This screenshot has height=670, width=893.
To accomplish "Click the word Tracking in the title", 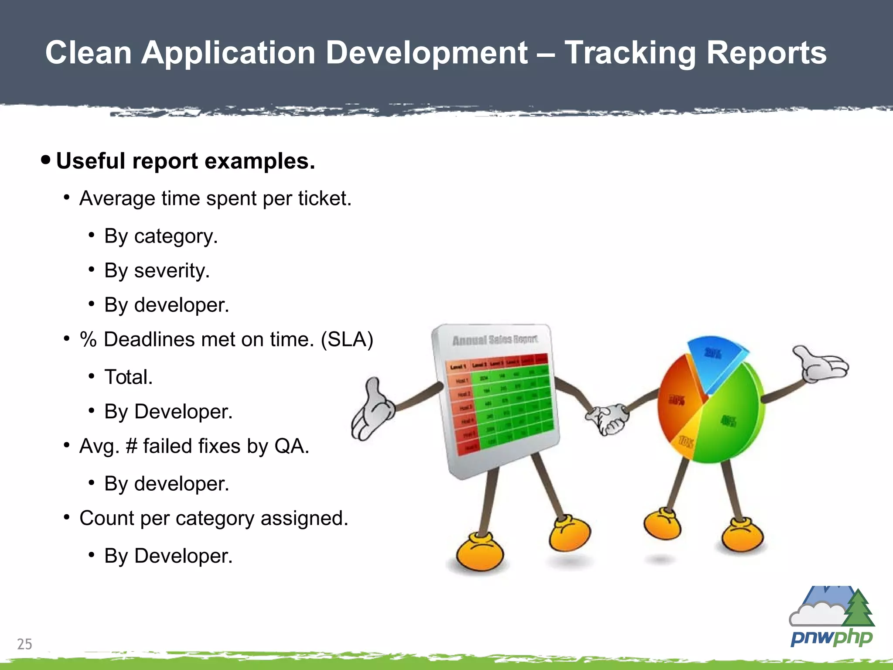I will tap(631, 53).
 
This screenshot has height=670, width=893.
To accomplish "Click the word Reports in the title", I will tap(766, 53).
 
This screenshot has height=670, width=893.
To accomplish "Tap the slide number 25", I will tap(24, 644).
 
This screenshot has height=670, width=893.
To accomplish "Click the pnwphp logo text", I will tap(831, 638).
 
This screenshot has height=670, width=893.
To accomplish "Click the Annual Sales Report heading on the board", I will tap(495, 340).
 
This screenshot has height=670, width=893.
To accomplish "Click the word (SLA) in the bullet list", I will tap(347, 339).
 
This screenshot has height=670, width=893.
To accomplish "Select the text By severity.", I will tap(157, 271).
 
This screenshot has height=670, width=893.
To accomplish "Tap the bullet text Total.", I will tap(129, 377).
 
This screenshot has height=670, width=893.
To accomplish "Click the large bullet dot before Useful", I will tap(46, 160).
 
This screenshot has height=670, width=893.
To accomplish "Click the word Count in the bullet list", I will tap(106, 518).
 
